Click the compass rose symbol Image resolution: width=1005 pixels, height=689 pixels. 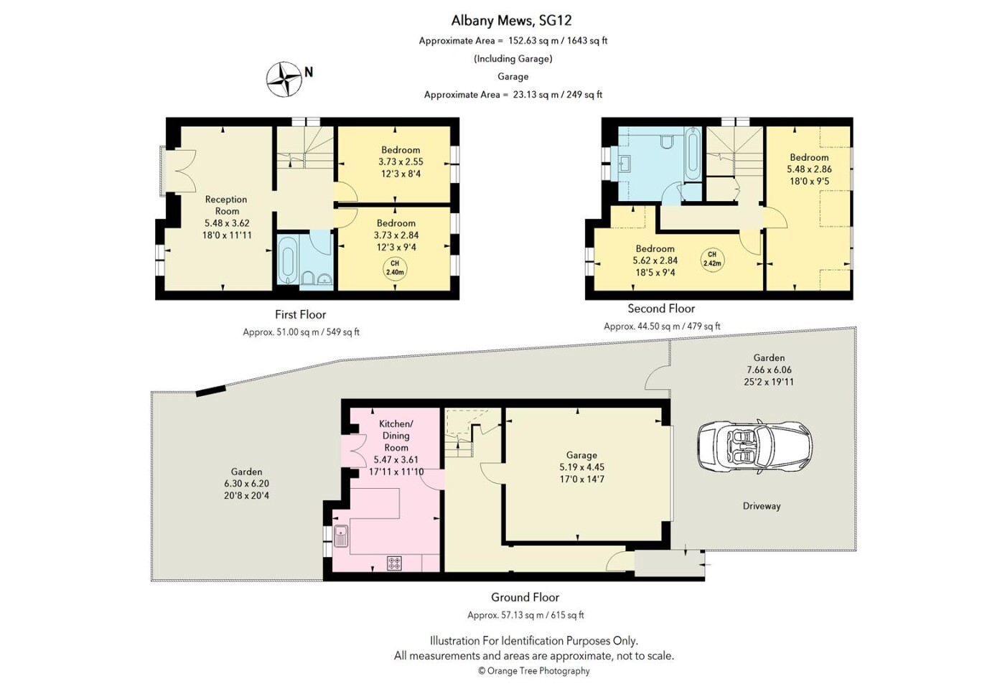(x=284, y=80)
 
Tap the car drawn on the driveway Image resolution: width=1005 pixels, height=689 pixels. (x=754, y=446)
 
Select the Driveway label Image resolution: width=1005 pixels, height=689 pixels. (x=762, y=506)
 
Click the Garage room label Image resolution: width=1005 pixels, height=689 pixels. (x=581, y=455)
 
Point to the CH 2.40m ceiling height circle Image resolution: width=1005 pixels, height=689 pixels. (x=395, y=268)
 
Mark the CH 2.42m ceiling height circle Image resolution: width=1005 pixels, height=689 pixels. (x=712, y=260)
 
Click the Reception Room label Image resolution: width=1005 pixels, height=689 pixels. (x=227, y=205)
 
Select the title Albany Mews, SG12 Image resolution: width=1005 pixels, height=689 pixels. (x=511, y=21)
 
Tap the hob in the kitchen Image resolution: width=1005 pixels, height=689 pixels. (x=395, y=563)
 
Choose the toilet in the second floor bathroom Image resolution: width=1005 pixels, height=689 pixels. (x=665, y=141)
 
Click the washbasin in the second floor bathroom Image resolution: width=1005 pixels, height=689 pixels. (x=625, y=161)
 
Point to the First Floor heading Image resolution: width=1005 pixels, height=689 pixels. (x=300, y=314)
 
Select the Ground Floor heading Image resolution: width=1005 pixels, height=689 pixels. (x=525, y=597)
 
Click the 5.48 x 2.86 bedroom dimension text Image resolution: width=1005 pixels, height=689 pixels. (x=810, y=169)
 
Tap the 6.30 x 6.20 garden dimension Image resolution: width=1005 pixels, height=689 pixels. (x=246, y=484)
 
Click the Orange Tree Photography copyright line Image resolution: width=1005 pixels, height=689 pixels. (x=534, y=671)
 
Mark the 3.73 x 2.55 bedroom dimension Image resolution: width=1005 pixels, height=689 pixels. (x=401, y=161)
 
